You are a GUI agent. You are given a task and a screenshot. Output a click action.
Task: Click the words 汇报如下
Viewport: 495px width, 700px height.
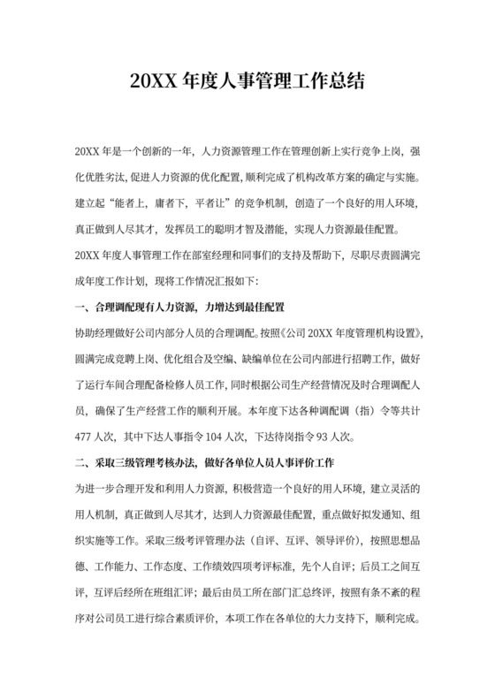click(232, 280)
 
